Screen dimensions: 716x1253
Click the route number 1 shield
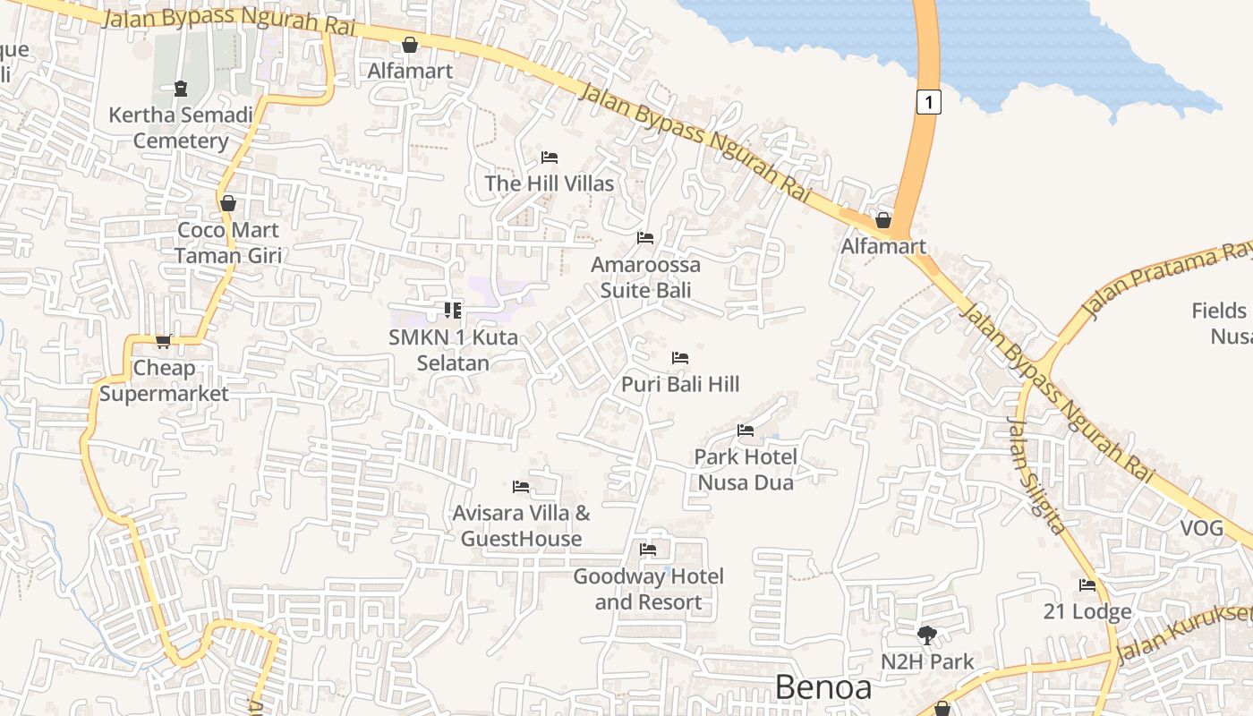[929, 102]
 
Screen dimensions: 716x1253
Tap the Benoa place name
[823, 687]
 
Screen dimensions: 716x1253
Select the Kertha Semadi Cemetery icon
[181, 89]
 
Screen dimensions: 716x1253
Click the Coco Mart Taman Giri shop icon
[228, 203]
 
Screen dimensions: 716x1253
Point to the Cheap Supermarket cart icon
[163, 341]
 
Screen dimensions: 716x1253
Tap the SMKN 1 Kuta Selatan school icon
[453, 311]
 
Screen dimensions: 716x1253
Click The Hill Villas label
[550, 183]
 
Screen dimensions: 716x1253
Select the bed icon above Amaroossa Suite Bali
[644, 238]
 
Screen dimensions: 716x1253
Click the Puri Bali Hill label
[680, 384]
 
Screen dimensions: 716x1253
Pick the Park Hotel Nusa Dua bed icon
[746, 430]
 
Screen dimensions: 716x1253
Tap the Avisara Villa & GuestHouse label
[521, 526]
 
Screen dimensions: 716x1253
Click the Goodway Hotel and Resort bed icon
[648, 549]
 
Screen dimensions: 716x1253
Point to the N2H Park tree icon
[927, 635]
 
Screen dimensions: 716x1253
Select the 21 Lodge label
[1087, 612]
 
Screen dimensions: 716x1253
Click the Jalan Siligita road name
[1037, 475]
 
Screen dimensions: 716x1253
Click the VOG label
[1201, 528]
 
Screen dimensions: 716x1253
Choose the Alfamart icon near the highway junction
[883, 220]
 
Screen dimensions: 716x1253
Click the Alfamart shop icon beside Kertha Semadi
[410, 45]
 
